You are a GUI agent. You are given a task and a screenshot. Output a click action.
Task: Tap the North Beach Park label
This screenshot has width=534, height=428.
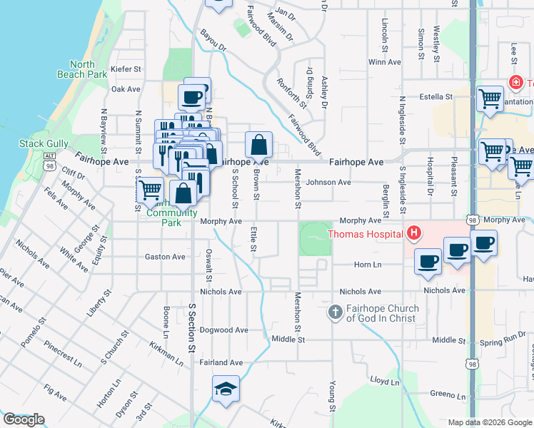82,69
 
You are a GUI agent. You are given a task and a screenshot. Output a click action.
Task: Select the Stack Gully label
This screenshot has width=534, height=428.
43,143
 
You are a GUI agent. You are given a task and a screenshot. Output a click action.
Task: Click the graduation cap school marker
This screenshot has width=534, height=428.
226,389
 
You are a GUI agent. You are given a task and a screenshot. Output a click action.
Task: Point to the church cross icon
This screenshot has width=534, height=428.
336,312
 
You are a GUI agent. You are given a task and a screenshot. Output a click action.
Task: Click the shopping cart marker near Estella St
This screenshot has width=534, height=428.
490,98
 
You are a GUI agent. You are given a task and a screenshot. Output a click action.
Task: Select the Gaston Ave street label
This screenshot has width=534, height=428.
165,257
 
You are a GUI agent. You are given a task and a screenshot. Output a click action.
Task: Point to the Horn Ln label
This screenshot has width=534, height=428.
368,265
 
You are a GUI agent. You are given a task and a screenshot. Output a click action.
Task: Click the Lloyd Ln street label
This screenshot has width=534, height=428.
384,382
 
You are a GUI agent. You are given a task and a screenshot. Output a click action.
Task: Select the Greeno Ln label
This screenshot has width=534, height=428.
448,393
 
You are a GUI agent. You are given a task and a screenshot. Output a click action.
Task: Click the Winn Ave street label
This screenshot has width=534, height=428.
384,62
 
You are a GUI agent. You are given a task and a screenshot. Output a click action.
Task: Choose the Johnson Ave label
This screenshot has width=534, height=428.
328,182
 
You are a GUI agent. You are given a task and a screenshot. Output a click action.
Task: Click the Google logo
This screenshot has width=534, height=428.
23,419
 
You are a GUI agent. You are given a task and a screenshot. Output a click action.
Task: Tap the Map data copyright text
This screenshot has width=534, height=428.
489,422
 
